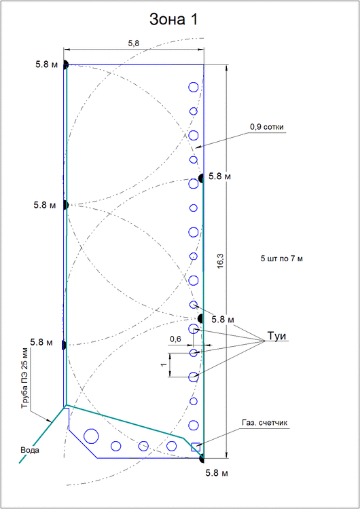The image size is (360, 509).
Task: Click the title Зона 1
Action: pos(173,20)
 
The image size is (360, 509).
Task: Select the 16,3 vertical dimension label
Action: pos(221,261)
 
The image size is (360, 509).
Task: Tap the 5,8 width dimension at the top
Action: pos(134,43)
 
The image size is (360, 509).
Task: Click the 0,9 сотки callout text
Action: pos(266,127)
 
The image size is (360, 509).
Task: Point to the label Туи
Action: pos(277,336)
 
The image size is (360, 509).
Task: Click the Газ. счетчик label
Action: pos(264,423)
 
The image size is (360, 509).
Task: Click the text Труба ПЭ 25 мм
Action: pos(25,379)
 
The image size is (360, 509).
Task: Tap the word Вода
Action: pos(30,450)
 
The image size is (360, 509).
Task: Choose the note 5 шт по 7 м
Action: pos(281,259)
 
